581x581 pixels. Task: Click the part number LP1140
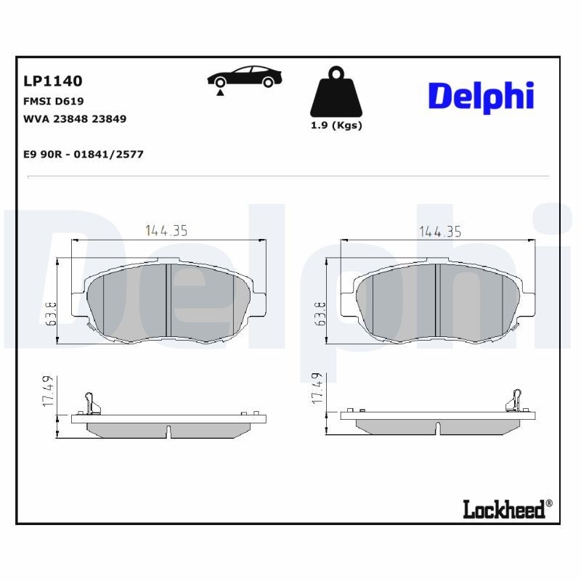pyautogui.click(x=53, y=81)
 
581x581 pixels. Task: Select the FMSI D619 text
pyautogui.click(x=54, y=101)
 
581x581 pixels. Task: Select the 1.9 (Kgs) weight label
pyautogui.click(x=336, y=125)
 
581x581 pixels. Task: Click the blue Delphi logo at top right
pyautogui.click(x=481, y=96)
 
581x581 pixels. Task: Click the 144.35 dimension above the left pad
pyautogui.click(x=167, y=231)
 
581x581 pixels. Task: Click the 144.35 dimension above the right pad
pyautogui.click(x=440, y=231)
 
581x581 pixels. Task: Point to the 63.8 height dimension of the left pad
pyautogui.click(x=52, y=314)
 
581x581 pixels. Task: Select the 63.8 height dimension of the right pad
pyautogui.click(x=320, y=314)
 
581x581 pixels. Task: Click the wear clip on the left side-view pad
pyautogui.click(x=90, y=402)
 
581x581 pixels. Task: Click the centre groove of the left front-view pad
pyautogui.click(x=168, y=300)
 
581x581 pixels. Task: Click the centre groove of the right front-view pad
pyautogui.click(x=437, y=300)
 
